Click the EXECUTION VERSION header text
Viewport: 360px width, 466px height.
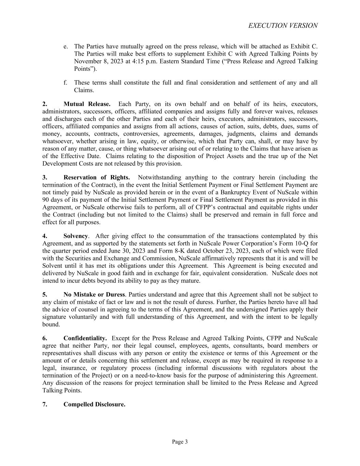pos(283,26)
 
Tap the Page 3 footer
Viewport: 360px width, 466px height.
pos(180,442)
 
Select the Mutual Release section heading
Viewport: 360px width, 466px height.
pos(87,104)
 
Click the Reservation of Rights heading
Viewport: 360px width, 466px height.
pos(96,178)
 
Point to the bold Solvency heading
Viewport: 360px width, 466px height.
pos(76,236)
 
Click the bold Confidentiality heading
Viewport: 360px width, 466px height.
pos(85,338)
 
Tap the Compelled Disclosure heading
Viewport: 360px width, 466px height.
pos(94,405)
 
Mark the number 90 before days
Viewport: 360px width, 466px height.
pos(45,200)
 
